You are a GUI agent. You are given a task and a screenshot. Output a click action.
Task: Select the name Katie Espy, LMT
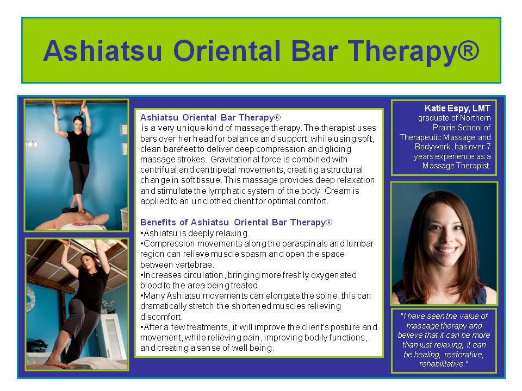tap(457, 108)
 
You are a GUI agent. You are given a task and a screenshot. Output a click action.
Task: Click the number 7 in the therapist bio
tap(488, 147)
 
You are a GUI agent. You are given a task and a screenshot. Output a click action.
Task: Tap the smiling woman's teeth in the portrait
tap(446, 250)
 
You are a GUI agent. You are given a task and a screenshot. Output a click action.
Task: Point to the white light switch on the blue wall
tap(32, 144)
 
